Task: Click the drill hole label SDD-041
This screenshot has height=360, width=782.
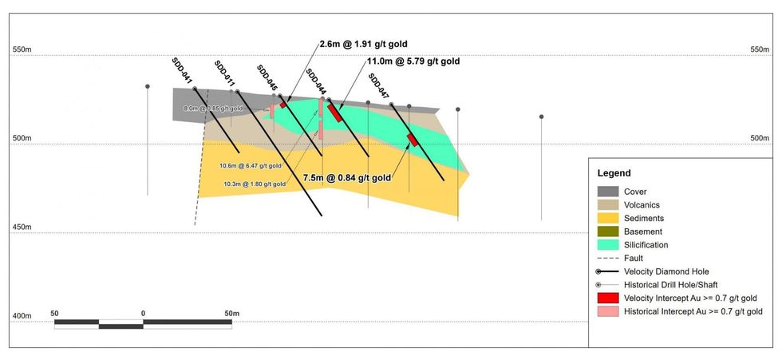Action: (x=182, y=71)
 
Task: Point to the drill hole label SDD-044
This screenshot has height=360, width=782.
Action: (x=315, y=82)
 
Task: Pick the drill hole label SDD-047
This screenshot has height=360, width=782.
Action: (x=378, y=85)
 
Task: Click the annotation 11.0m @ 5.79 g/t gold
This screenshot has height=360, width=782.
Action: (x=413, y=61)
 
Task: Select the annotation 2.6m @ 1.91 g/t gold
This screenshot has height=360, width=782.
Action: (x=368, y=44)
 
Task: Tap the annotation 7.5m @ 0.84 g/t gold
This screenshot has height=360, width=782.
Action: (x=347, y=178)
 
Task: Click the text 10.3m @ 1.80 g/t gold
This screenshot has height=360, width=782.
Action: (x=254, y=184)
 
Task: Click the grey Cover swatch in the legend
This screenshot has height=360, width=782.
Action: (x=609, y=192)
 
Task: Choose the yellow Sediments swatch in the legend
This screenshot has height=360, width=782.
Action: (x=609, y=218)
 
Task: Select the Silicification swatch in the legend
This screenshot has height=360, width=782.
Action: (x=609, y=244)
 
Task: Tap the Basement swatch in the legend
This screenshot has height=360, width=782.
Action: (x=609, y=231)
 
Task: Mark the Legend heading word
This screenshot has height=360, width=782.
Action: (x=614, y=173)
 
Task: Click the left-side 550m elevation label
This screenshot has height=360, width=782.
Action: (x=22, y=49)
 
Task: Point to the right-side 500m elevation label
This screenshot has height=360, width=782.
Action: (x=760, y=138)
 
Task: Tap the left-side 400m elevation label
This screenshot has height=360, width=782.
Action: (x=22, y=317)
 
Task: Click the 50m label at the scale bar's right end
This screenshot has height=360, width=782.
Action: (x=231, y=314)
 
